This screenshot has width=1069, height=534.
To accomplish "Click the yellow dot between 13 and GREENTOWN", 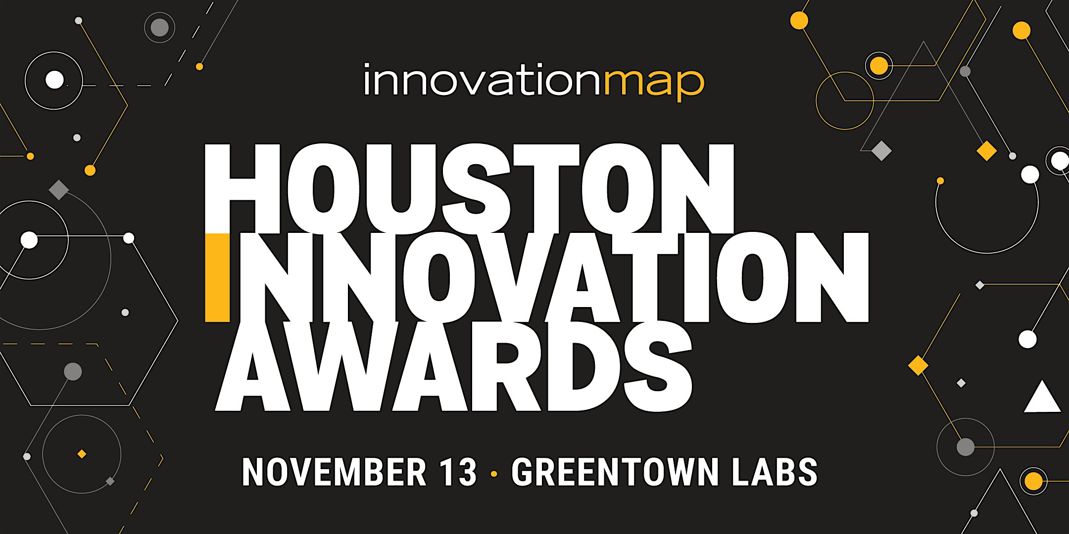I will (493, 474).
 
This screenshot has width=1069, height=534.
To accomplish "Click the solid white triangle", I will (1042, 399).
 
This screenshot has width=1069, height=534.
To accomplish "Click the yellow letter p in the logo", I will (687, 85).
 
